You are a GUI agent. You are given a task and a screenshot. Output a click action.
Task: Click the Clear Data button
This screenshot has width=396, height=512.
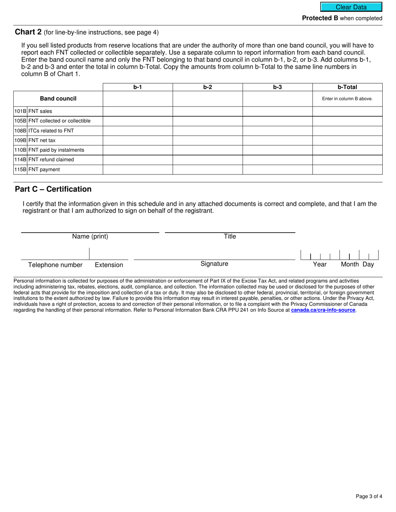coord(351,7)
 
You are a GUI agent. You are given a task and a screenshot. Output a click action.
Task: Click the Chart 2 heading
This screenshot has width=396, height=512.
coord(28,32)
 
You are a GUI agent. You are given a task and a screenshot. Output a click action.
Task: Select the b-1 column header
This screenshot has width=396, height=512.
coord(138,87)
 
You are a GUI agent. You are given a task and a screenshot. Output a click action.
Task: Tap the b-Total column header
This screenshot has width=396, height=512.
coord(347,87)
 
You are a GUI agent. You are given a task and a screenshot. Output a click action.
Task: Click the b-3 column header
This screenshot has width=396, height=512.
coord(277,87)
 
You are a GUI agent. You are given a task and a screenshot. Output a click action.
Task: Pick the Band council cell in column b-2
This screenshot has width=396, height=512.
coord(208,99)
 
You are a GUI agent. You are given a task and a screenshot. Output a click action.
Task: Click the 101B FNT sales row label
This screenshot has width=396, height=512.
coord(58,111)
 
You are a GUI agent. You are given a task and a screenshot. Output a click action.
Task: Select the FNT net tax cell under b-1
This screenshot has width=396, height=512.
coord(138,140)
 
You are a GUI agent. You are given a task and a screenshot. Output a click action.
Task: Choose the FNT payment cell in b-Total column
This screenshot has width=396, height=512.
coord(347,169)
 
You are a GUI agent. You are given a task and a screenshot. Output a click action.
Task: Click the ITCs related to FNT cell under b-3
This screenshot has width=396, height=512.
coord(277,131)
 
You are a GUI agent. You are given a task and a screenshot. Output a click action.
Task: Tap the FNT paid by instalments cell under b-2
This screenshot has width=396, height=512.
coord(208,150)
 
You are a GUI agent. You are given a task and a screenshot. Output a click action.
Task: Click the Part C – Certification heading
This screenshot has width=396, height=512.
coord(53,189)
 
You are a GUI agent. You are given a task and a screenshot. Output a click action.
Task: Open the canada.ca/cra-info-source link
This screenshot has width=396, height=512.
coord(323,310)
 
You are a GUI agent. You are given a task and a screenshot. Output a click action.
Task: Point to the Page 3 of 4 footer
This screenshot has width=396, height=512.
coord(369,496)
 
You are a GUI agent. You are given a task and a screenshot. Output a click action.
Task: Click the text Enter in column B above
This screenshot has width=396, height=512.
coord(347,99)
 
